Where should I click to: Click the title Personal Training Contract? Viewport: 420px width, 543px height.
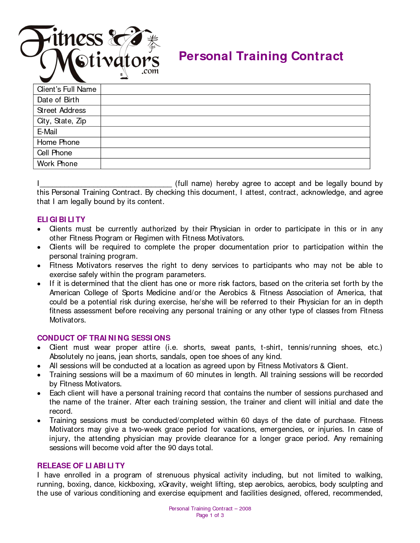click(x=261, y=56)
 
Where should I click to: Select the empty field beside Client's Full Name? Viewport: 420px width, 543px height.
click(x=235, y=89)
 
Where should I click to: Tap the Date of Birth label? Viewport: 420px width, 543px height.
click(x=58, y=100)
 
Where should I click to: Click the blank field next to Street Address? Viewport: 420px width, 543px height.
click(x=235, y=111)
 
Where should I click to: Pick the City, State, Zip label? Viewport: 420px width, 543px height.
click(x=62, y=121)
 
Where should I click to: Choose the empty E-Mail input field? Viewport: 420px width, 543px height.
click(x=235, y=132)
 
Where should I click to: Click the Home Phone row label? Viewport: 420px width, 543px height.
click(x=58, y=142)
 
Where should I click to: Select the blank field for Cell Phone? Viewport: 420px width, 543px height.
click(x=235, y=153)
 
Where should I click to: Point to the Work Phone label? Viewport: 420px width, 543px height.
click(x=57, y=164)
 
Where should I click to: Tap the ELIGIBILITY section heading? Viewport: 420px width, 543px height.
click(x=61, y=220)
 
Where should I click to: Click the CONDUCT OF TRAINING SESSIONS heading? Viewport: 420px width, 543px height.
click(x=104, y=338)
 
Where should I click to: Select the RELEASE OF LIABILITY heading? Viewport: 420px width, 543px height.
click(x=81, y=466)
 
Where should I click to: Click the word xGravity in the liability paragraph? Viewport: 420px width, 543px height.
click(x=172, y=484)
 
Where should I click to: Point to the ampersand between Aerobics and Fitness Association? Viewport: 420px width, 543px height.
click(x=253, y=293)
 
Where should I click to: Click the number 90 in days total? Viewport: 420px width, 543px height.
click(x=172, y=448)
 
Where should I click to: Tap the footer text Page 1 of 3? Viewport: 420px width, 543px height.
click(x=210, y=515)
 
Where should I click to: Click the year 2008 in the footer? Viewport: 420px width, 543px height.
click(x=245, y=509)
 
